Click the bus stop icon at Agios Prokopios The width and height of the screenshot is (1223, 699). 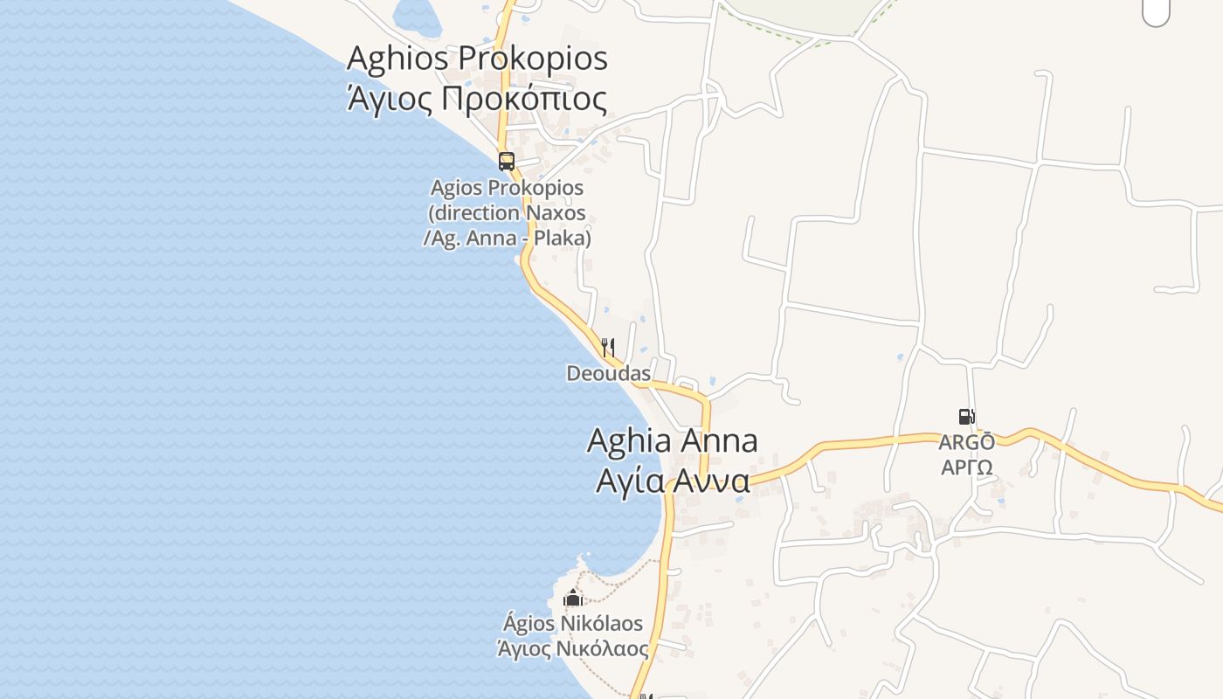[507, 161]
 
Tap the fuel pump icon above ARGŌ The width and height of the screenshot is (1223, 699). [966, 417]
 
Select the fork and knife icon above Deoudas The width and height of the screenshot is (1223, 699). [608, 347]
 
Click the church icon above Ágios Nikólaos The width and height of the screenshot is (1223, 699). [573, 598]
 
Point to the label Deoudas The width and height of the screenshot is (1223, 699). [608, 374]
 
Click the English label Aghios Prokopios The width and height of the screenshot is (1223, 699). [477, 59]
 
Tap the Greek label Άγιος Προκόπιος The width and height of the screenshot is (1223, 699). [477, 99]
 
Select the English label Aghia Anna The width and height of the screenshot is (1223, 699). [672, 440]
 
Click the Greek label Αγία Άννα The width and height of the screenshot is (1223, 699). [672, 481]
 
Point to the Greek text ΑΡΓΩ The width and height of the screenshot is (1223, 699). [966, 467]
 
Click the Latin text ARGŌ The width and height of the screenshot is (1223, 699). [966, 442]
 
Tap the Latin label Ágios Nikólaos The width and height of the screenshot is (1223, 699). [573, 624]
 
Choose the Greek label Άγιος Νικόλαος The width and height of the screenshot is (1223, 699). [573, 649]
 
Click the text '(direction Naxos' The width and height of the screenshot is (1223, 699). [507, 213]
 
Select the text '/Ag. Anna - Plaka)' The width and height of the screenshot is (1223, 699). [507, 238]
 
